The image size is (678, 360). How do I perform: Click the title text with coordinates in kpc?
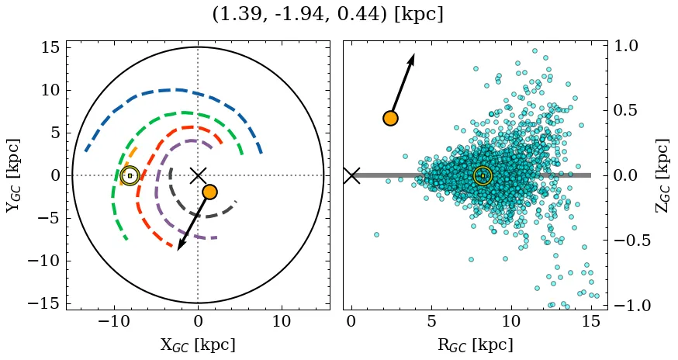327,14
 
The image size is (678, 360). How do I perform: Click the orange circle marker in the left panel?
209,192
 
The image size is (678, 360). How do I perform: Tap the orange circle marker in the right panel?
390,118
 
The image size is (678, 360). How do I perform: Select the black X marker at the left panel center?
198,175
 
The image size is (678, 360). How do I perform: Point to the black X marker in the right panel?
351,175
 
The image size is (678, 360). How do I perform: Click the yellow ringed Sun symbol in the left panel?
130,175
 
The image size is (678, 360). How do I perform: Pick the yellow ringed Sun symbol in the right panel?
483,175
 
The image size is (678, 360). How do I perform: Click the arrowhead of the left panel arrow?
180,246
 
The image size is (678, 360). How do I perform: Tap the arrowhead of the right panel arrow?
413,57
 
